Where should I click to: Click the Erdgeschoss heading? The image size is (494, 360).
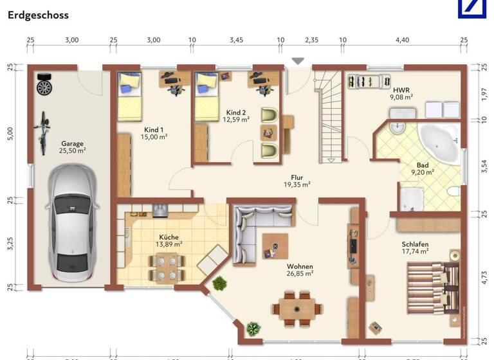pos(38,14)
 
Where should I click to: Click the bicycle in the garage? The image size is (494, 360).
pos(44,128)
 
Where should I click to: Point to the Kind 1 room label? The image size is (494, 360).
pos(154,133)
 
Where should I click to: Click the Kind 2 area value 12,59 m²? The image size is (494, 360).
pos(236,119)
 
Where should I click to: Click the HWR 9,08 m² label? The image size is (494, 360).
pos(401,94)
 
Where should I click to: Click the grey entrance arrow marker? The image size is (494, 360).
pos(297,61)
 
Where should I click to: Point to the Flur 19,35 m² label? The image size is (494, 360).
pos(297,181)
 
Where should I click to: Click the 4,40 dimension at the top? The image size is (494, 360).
pos(401,40)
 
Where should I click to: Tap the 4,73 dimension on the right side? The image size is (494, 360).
pos(484,277)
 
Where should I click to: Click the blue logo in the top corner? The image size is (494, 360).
pos(474,8)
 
